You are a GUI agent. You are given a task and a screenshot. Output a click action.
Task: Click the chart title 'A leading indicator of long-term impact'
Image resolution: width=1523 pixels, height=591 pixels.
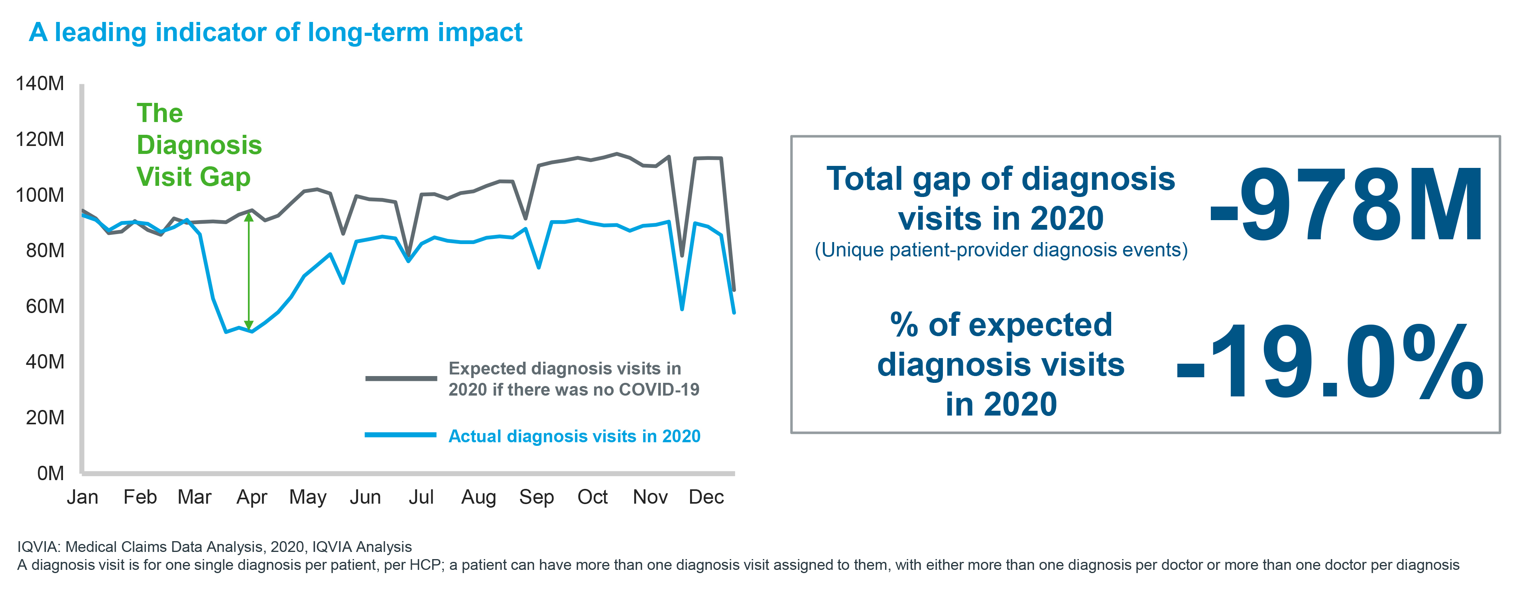275,33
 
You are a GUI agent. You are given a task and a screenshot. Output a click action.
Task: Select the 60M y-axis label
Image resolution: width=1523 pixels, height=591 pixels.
45,306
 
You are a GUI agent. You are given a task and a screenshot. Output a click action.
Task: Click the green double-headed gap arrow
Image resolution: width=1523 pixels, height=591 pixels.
249,272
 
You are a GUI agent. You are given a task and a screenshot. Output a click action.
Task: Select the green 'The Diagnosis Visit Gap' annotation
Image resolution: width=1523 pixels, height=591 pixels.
199,145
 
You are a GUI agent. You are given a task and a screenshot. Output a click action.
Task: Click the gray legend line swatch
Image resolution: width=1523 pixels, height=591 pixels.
401,378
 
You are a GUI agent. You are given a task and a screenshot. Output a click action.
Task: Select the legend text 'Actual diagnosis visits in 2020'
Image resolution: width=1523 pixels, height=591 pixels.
574,437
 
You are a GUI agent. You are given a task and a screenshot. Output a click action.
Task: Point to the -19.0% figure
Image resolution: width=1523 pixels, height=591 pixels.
1330,362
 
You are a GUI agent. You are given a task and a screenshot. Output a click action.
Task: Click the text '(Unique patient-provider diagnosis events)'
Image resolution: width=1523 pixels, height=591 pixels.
1001,250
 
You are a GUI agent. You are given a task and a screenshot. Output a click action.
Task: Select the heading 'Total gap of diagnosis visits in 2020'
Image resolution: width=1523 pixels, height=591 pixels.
1001,198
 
